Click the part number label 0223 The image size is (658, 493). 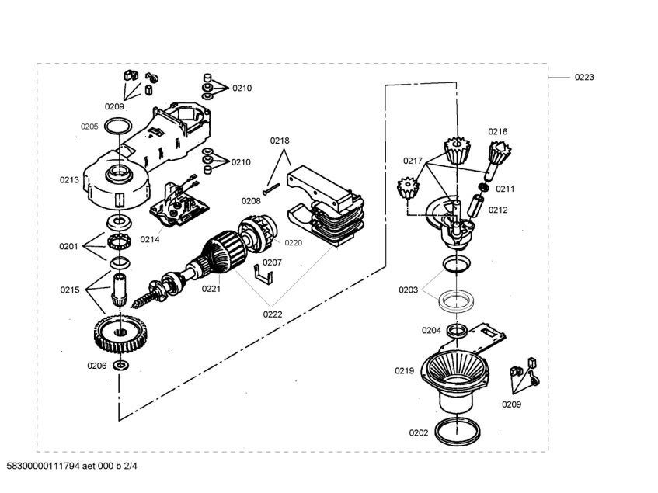(584, 77)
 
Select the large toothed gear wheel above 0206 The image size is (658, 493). (121, 334)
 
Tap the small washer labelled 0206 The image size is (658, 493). (121, 365)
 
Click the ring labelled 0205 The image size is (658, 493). (118, 127)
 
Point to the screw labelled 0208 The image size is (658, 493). (271, 189)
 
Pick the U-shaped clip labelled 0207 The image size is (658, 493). (263, 275)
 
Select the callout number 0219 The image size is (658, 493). (404, 370)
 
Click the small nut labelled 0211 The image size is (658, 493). (483, 187)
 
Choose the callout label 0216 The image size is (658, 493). (498, 132)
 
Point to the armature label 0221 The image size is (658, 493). (211, 289)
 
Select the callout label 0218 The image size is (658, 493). (280, 141)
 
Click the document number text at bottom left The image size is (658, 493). (71, 466)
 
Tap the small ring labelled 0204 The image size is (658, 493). (457, 330)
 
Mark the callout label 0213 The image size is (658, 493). (69, 180)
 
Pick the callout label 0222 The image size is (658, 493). (273, 314)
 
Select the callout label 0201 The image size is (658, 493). (68, 247)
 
